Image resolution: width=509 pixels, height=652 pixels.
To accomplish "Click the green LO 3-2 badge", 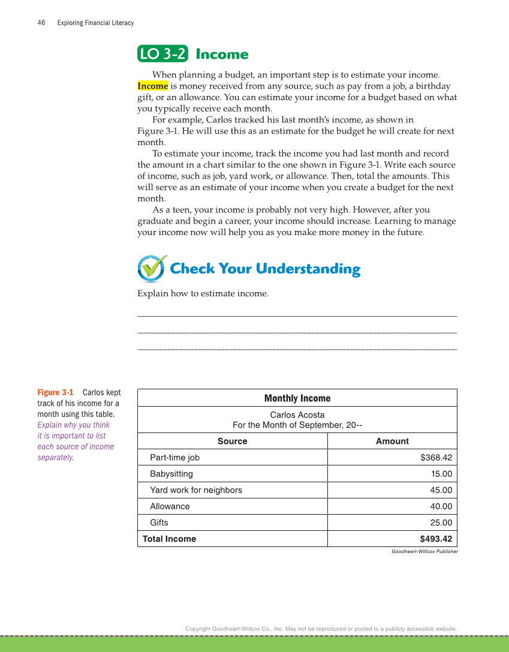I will [162, 54].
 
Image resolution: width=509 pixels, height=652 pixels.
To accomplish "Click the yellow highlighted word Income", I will [152, 86].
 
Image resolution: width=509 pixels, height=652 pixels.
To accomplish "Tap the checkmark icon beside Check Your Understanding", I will [152, 268].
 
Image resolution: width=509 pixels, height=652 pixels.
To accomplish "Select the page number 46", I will [41, 23].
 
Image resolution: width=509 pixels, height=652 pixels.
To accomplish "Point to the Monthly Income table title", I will [297, 398].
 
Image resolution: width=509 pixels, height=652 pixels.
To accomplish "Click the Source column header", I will [232, 441].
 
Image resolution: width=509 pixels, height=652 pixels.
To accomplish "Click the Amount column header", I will [392, 441].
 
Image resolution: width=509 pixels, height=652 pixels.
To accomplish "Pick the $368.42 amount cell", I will [436, 458].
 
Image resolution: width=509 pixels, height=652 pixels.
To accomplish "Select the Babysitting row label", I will [171, 474].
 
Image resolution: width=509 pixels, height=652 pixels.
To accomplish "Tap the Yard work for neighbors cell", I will [196, 490].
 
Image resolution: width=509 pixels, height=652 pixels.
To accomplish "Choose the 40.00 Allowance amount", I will [441, 506].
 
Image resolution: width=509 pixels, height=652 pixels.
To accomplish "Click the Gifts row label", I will [159, 522].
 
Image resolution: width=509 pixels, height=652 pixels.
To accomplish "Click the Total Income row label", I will [169, 539].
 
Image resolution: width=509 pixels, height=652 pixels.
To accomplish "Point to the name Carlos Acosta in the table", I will [297, 414].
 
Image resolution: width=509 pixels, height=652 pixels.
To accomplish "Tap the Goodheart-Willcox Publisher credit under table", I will [424, 551].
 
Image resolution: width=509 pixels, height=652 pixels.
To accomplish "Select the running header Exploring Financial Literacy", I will [95, 23].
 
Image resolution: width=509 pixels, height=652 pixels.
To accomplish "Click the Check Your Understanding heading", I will [265, 269].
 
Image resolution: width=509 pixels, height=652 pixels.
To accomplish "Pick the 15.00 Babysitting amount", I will [441, 474].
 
